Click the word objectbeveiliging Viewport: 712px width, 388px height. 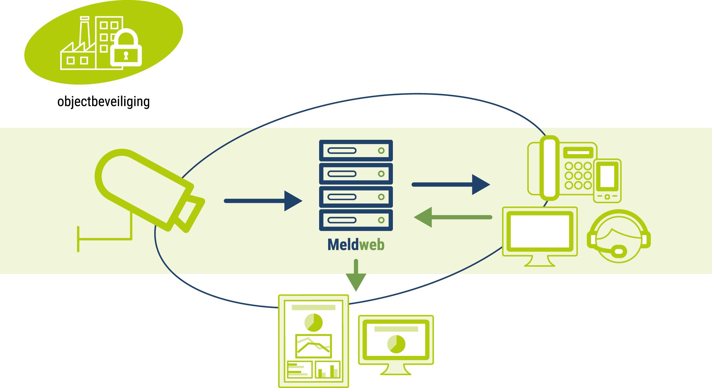(x=103, y=102)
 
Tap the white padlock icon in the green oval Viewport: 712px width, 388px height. (x=126, y=48)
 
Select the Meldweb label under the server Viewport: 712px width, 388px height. (x=356, y=245)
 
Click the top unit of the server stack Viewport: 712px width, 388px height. (x=356, y=150)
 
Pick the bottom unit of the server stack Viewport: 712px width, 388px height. (x=356, y=220)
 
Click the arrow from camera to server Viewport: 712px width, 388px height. (x=263, y=201)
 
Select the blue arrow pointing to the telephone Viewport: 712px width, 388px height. (x=451, y=184)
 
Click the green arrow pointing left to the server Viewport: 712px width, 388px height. (x=453, y=217)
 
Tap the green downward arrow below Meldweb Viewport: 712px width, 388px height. (x=356, y=276)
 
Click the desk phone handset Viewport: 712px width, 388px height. (x=549, y=168)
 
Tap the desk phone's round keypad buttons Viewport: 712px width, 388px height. (x=578, y=175)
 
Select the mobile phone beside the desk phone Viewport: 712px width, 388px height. (x=607, y=180)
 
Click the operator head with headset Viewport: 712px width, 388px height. (x=619, y=236)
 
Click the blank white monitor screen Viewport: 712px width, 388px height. (x=540, y=231)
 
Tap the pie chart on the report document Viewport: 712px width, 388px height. (x=313, y=323)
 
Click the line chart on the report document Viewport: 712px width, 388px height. (x=313, y=346)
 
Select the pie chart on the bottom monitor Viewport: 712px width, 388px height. (x=396, y=344)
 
